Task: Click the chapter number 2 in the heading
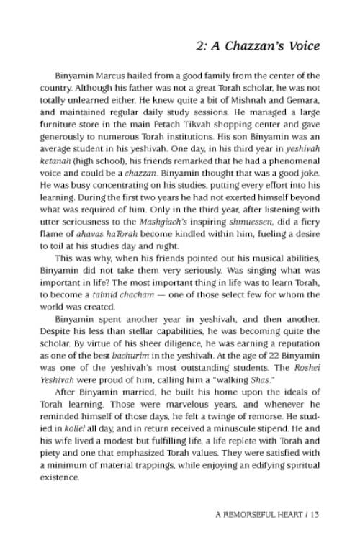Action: click(x=199, y=46)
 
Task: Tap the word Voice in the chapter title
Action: click(x=301, y=46)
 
